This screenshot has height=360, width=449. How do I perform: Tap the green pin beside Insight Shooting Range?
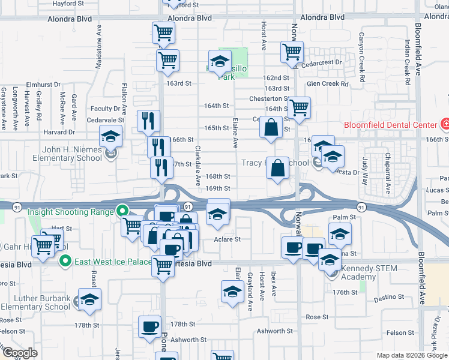pos(122,211)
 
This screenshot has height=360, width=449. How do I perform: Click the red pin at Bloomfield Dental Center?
pos(445,125)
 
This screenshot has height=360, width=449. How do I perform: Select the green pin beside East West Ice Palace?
pos(64,261)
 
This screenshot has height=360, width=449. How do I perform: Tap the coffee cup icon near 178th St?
pos(149,326)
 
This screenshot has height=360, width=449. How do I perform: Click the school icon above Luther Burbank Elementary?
pos(89,299)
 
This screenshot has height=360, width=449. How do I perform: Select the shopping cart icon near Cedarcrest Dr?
pos(292,52)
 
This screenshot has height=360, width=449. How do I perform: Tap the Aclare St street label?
pos(228,239)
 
